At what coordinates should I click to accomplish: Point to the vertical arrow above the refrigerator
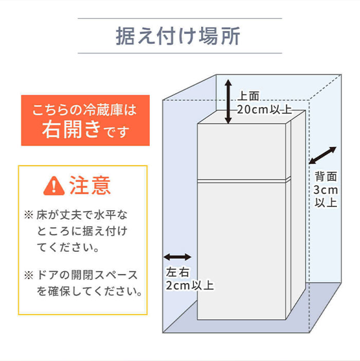point(228,102)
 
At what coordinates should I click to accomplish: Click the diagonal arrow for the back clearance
point(323,156)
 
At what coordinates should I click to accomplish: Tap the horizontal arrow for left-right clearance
point(177,256)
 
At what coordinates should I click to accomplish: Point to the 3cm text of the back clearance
point(326,190)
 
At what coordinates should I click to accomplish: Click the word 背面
point(326,177)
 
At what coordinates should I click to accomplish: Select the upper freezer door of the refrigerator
point(242,152)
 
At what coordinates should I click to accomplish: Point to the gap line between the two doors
point(242,180)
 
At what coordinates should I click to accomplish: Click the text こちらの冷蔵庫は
point(85,110)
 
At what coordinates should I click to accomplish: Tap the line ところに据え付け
point(81,230)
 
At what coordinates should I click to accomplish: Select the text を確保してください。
point(89,291)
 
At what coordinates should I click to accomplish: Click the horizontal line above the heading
point(179,19)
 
